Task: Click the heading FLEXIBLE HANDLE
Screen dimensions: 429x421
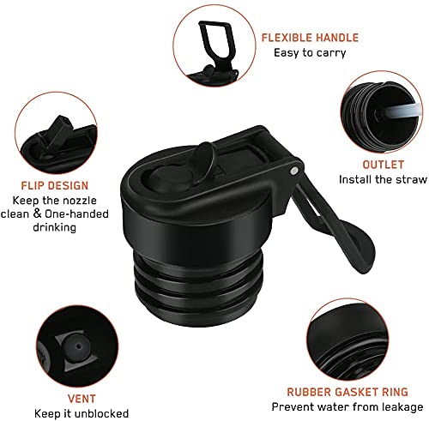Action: [x=310, y=38]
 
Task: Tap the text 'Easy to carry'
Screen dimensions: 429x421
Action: [x=310, y=53]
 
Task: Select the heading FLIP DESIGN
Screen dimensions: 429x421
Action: [x=55, y=186]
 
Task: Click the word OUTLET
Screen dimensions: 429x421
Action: [x=383, y=165]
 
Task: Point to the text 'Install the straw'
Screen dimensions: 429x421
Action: [x=383, y=180]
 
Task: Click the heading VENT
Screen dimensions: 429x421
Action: [x=82, y=399]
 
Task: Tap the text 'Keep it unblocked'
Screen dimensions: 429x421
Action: [x=82, y=413]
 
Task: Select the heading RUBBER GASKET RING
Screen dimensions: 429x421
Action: [x=347, y=392]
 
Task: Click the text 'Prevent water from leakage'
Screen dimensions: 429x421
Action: [x=347, y=406]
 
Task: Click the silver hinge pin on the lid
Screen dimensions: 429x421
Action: [x=293, y=171]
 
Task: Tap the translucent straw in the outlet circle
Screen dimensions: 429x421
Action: [x=402, y=111]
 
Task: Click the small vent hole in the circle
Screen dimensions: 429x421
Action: [x=79, y=346]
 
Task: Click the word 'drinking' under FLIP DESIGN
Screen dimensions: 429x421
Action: [x=55, y=228]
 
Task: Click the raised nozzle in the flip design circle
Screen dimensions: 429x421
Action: [x=57, y=130]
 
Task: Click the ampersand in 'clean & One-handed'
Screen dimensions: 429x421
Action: [x=38, y=214]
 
